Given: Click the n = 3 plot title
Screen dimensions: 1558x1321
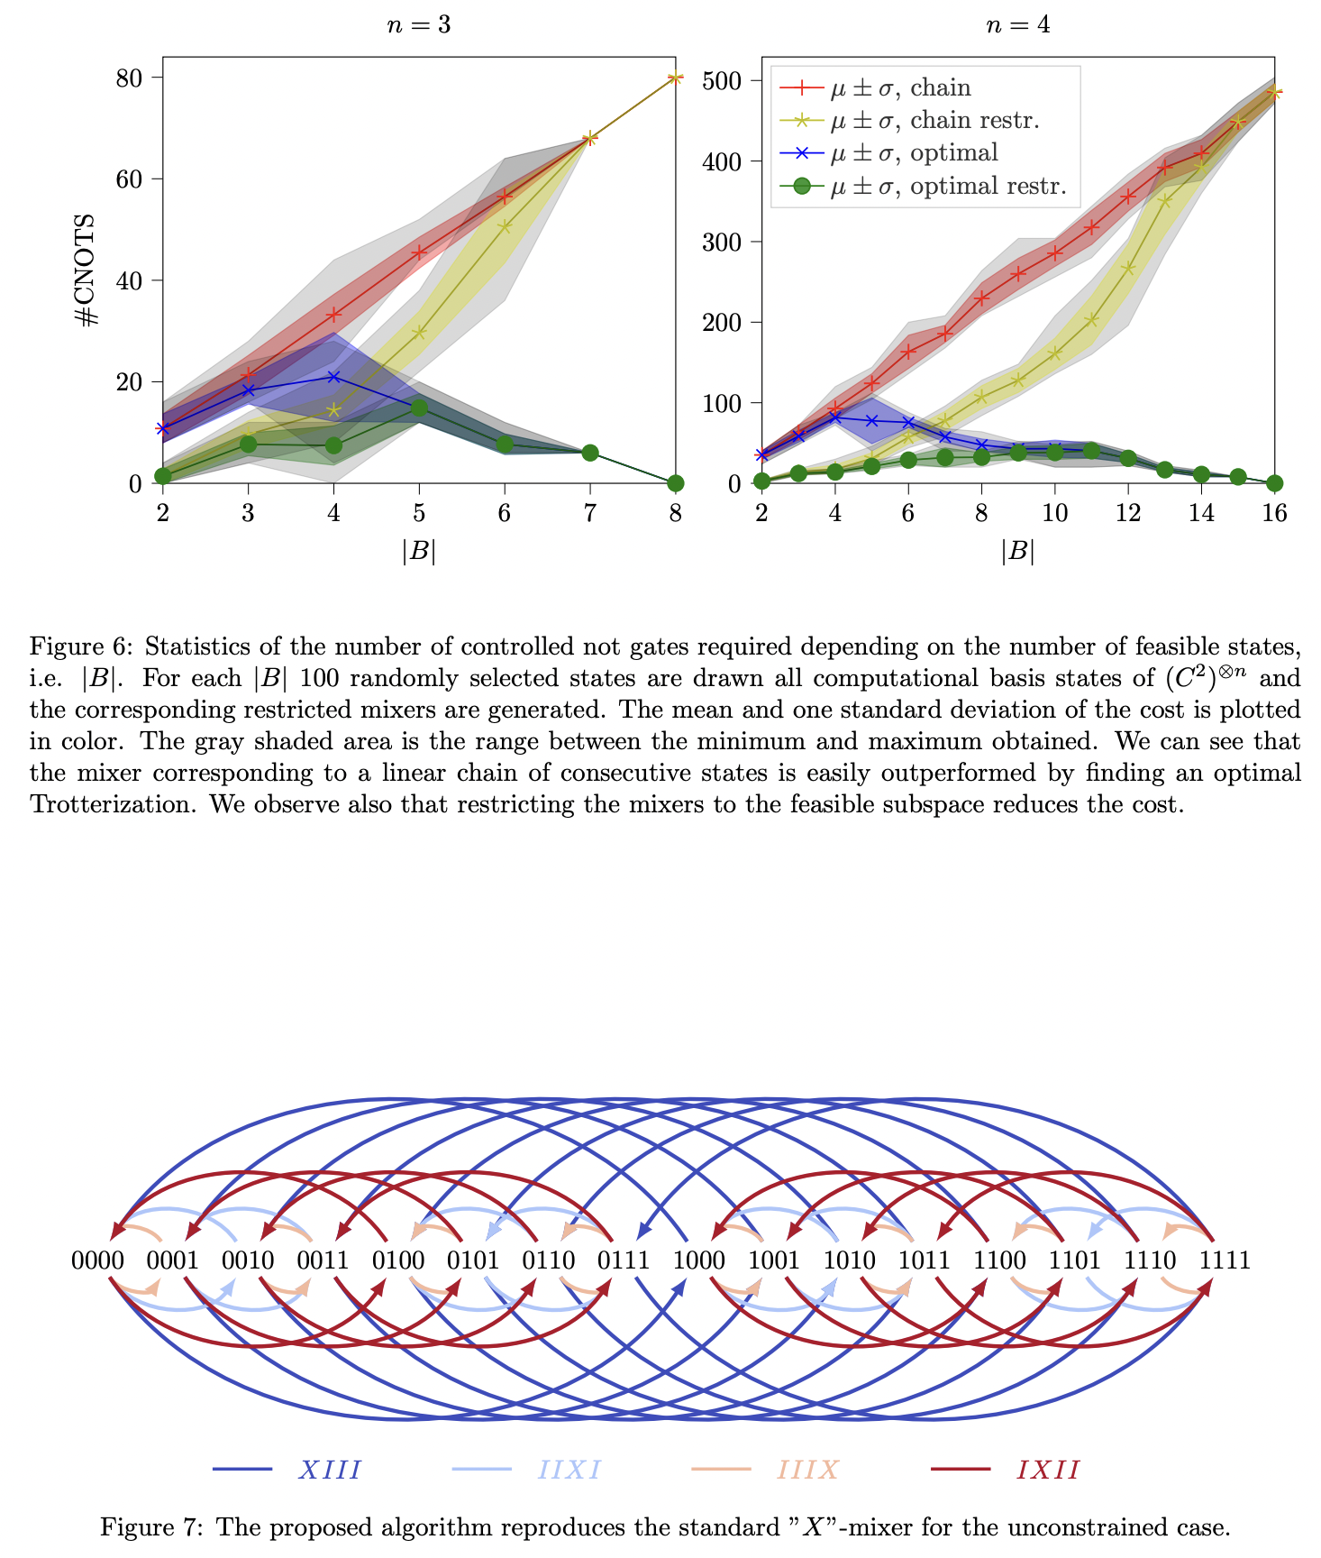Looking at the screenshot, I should pos(419,25).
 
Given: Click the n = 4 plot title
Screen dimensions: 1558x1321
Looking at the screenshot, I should pos(1018,25).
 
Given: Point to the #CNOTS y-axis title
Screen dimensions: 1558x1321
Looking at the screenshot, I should pos(87,270).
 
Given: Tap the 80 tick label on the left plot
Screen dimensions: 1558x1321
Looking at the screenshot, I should pos(129,78).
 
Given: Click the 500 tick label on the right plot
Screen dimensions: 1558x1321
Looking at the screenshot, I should pos(721,81).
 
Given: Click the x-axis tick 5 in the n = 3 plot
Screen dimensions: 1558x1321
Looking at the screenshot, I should pos(419,513).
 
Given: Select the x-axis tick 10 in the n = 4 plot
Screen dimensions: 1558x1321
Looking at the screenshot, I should pos(1054,513).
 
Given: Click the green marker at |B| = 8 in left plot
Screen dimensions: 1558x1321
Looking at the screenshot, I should pos(676,483).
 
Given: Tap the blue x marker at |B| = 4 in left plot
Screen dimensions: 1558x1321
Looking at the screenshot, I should pos(334,376).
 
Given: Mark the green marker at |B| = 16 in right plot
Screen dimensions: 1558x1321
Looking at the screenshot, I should pos(1274,483).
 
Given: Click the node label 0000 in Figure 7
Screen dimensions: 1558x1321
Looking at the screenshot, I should pos(97,1260).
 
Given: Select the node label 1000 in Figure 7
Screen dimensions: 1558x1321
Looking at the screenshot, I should pos(699,1260).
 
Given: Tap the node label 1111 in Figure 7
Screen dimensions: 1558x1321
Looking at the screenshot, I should pos(1225,1260).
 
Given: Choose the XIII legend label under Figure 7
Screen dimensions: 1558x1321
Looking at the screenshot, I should pos(330,1471).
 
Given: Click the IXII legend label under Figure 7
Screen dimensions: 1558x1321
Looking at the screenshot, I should pos(1048,1471).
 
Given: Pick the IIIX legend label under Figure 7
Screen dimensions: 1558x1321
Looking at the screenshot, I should pos(808,1471).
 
